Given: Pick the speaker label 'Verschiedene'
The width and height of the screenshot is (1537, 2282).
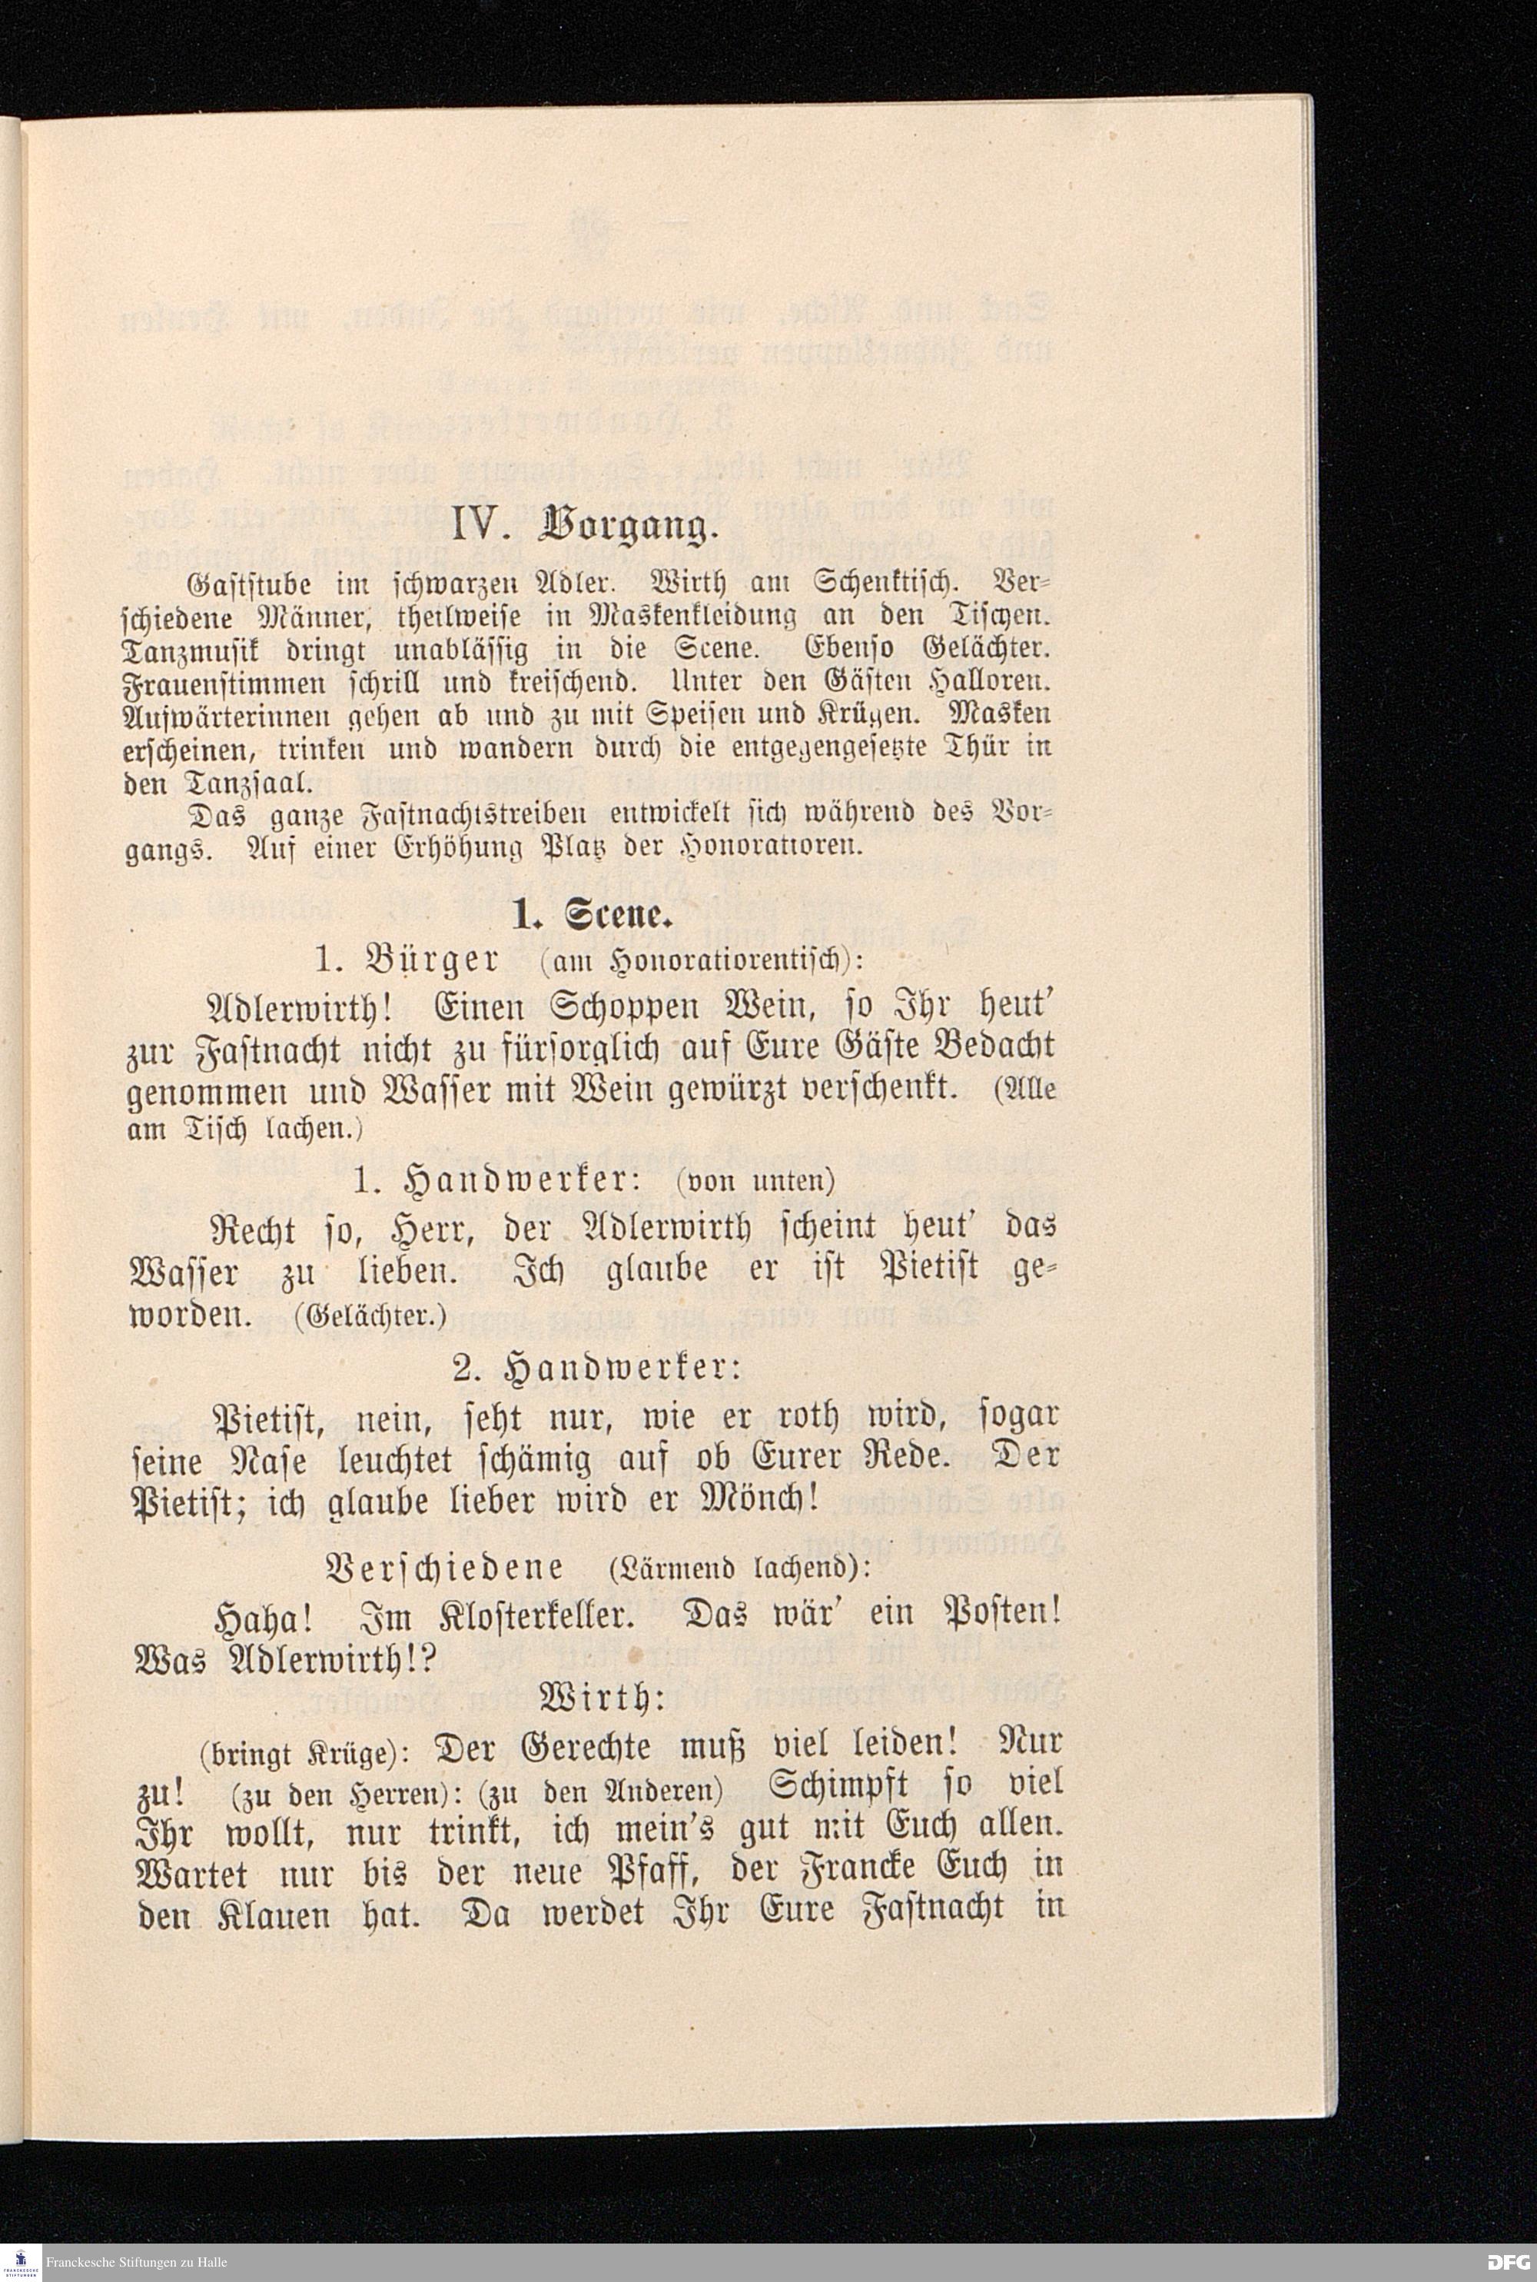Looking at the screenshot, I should [x=443, y=1568].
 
